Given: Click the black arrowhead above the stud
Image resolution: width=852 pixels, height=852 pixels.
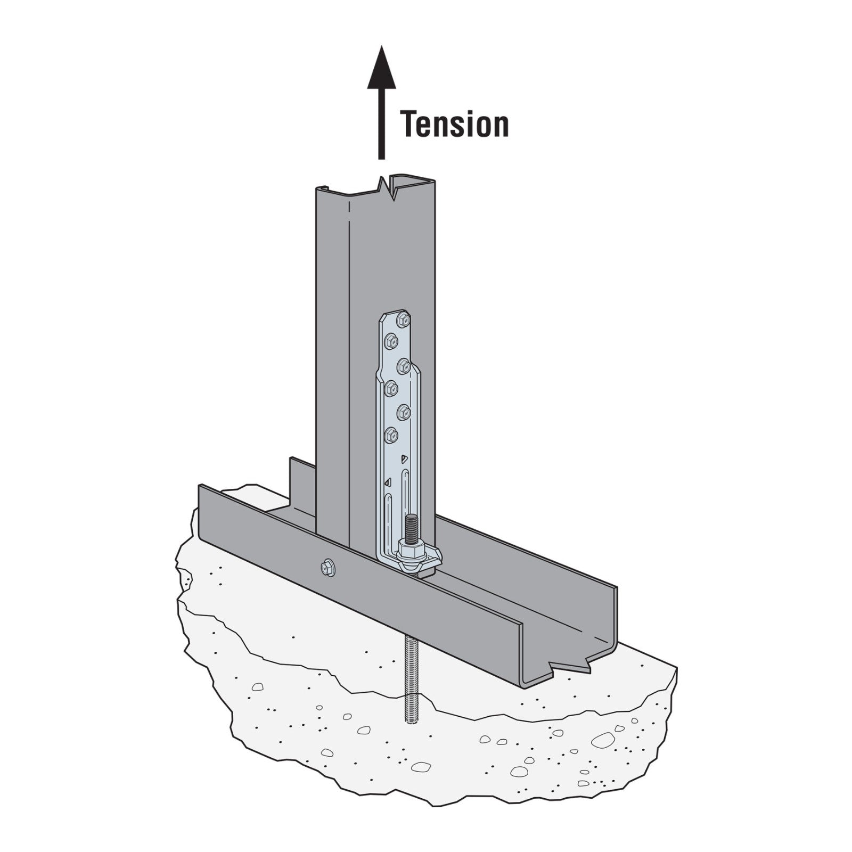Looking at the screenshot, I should point(381,68).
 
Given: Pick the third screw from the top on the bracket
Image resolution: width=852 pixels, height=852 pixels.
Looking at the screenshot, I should point(404,366).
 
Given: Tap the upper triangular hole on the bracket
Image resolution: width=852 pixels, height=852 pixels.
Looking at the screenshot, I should point(404,458).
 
